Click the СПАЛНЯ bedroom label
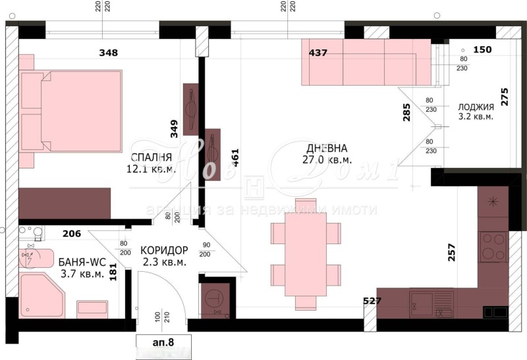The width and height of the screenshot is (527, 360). (152, 157)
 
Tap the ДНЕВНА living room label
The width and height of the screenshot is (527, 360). (327, 148)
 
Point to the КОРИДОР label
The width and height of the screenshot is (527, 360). (164, 250)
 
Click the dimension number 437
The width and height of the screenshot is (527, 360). (318, 53)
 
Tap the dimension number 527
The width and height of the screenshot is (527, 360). (373, 301)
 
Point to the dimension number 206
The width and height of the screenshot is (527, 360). (72, 232)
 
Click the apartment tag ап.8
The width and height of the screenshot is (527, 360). (164, 341)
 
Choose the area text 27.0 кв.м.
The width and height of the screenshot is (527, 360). (327, 160)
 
